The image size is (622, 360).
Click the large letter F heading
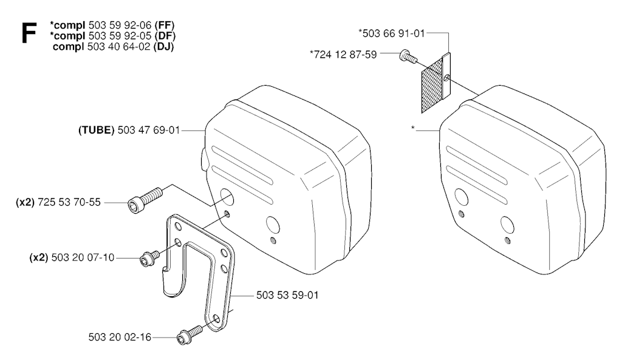pos(29,33)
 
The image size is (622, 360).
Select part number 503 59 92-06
pos(120,25)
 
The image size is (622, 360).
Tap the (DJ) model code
pos(163,47)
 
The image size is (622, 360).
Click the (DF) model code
pos(165,36)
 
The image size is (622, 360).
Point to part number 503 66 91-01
pos(394,33)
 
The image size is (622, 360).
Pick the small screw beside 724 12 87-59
pos(408,56)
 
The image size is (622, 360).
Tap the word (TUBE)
pos(97,130)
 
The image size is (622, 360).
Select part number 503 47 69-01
pos(149,130)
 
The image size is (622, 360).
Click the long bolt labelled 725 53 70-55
pos(145,200)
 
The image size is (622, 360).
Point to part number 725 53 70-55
pos(69,203)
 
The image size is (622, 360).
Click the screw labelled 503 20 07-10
pos(149,258)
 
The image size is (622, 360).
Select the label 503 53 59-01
pos(287,296)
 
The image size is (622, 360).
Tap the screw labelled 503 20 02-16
pos(190,335)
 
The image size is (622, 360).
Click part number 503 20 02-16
pos(120,338)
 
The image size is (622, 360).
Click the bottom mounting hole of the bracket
pos(216,319)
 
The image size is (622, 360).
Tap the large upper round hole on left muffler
pos(227,198)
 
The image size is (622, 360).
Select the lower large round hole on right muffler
pos(507,225)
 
